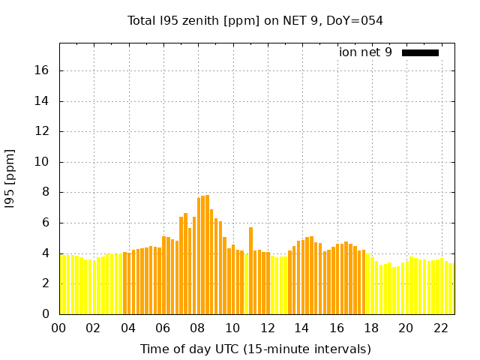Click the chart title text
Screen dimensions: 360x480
[x=255, y=21]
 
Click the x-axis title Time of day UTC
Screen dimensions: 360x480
[x=255, y=349]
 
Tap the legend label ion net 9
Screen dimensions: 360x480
[x=365, y=52]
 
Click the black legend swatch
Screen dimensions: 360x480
[x=420, y=52]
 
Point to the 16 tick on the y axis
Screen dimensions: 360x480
[x=43, y=70]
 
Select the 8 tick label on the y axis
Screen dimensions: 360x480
[x=46, y=192]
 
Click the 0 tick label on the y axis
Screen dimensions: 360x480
[x=46, y=313]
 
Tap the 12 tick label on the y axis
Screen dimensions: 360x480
[x=43, y=131]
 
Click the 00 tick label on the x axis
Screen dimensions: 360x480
[x=58, y=328]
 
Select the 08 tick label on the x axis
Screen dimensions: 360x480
[x=197, y=328]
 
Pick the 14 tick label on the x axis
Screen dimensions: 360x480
[x=301, y=328]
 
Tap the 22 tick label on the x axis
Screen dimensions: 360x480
[x=440, y=328]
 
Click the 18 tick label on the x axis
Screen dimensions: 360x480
[x=370, y=328]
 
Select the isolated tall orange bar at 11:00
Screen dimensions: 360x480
[x=250, y=270]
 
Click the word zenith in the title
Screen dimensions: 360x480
[x=197, y=21]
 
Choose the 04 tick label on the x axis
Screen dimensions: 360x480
[x=128, y=328]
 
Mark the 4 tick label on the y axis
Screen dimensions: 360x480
[x=46, y=253]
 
